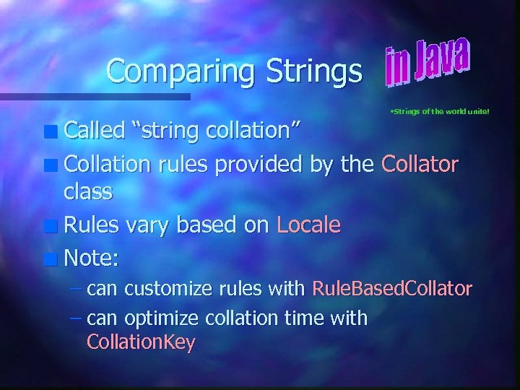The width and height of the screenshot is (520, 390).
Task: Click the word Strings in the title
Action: [x=313, y=71]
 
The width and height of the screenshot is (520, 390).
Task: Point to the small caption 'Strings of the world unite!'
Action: [x=439, y=112]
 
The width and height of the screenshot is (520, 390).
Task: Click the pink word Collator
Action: [x=420, y=164]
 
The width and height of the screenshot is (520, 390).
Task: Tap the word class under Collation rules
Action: [x=88, y=191]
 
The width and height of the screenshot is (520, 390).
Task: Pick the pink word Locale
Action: [x=308, y=225]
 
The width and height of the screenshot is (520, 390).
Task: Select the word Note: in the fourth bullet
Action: [x=90, y=256]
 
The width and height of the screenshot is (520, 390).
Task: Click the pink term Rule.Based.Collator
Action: [x=392, y=289]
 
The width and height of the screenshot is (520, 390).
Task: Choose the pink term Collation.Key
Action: [x=141, y=342]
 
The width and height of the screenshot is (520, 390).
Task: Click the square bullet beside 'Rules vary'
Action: [x=53, y=226]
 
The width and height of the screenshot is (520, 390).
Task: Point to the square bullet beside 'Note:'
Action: [x=53, y=258]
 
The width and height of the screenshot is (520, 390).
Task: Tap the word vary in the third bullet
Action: [x=145, y=225]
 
